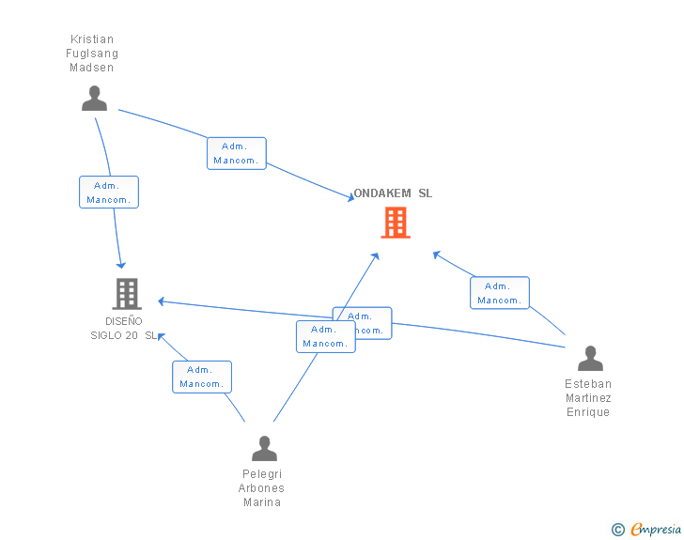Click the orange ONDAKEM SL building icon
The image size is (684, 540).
(396, 223)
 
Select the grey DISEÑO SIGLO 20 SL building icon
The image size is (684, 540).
(127, 294)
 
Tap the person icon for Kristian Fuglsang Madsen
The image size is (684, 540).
(94, 98)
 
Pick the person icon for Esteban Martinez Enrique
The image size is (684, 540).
(590, 358)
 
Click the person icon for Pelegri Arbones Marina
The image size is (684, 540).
(264, 448)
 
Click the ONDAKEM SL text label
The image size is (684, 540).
(394, 193)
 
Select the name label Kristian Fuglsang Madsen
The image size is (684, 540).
(93, 54)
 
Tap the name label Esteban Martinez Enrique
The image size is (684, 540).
(588, 397)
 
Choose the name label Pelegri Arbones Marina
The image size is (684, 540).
(262, 488)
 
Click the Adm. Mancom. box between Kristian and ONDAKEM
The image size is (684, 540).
(236, 153)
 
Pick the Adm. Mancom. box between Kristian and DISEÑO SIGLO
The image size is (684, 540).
(109, 192)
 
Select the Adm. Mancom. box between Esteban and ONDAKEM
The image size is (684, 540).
(500, 293)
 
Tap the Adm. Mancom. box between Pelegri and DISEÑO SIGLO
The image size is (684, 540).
(202, 377)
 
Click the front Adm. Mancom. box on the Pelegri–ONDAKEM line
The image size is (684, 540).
(325, 336)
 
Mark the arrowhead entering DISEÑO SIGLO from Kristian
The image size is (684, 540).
(120, 266)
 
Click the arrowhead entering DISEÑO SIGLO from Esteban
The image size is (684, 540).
(162, 301)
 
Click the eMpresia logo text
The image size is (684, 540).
(656, 529)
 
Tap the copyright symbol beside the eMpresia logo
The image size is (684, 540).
(618, 530)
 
